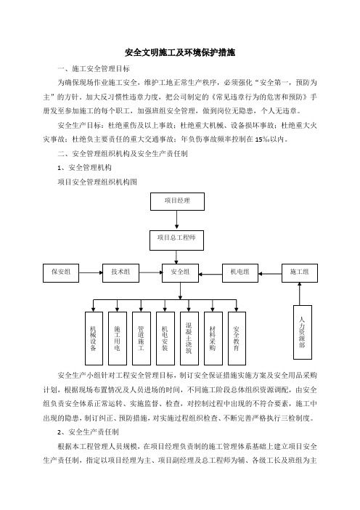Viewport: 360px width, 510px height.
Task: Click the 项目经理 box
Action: click(x=177, y=201)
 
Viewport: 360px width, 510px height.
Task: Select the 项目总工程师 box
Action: click(x=177, y=240)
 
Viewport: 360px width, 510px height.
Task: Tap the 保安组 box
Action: click(x=61, y=273)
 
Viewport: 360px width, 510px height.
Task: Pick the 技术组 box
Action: click(x=121, y=273)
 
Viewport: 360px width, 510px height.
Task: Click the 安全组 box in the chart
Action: click(x=180, y=273)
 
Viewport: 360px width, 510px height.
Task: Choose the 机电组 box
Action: click(x=240, y=273)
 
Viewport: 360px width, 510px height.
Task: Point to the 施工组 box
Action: click(x=300, y=273)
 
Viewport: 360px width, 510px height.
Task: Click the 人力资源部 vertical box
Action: click(x=303, y=332)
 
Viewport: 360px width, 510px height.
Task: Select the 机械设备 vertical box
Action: click(x=94, y=339)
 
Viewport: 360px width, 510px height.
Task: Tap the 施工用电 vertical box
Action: click(x=118, y=339)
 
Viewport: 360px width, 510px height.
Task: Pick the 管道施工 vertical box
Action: click(x=142, y=339)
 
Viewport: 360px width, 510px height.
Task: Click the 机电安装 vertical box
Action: click(x=165, y=339)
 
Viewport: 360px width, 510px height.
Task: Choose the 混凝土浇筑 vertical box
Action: click(x=189, y=339)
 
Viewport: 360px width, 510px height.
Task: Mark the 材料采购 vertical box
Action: click(x=213, y=339)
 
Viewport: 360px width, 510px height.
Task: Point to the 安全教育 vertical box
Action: click(x=237, y=339)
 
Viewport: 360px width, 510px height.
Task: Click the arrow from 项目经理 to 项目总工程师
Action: click(x=177, y=220)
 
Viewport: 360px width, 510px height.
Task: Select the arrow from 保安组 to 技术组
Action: click(x=91, y=272)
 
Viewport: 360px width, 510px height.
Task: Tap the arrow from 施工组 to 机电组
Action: click(x=270, y=274)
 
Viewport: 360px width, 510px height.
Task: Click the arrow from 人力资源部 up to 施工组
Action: click(x=300, y=294)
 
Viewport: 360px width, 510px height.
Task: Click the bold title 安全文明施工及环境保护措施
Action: click(x=180, y=52)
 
